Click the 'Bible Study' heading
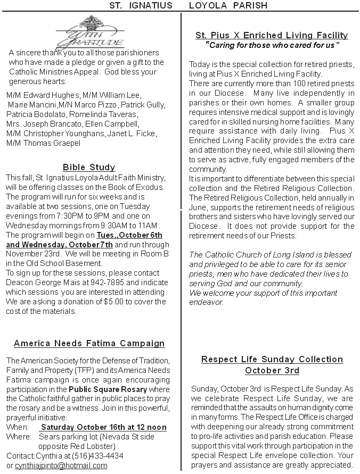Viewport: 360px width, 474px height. pyautogui.click(x=89, y=168)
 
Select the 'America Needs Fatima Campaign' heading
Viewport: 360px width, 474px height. pyautogui.click(x=89, y=344)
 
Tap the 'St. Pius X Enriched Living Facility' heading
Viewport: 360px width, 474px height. pyautogui.click(x=272, y=36)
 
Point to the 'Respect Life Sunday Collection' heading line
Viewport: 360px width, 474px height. pyautogui.click(x=272, y=360)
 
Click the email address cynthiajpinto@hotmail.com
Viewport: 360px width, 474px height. pyautogui.click(x=61, y=465)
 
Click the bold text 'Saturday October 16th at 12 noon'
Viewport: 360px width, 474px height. pyautogui.click(x=104, y=427)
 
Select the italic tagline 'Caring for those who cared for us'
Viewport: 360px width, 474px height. pyautogui.click(x=272, y=46)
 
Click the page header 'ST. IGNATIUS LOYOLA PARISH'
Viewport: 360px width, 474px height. pyautogui.click(x=181, y=5)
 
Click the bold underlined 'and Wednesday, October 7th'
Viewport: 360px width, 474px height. pyautogui.click(x=60, y=244)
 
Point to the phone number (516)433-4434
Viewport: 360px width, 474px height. pyautogui.click(x=102, y=456)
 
